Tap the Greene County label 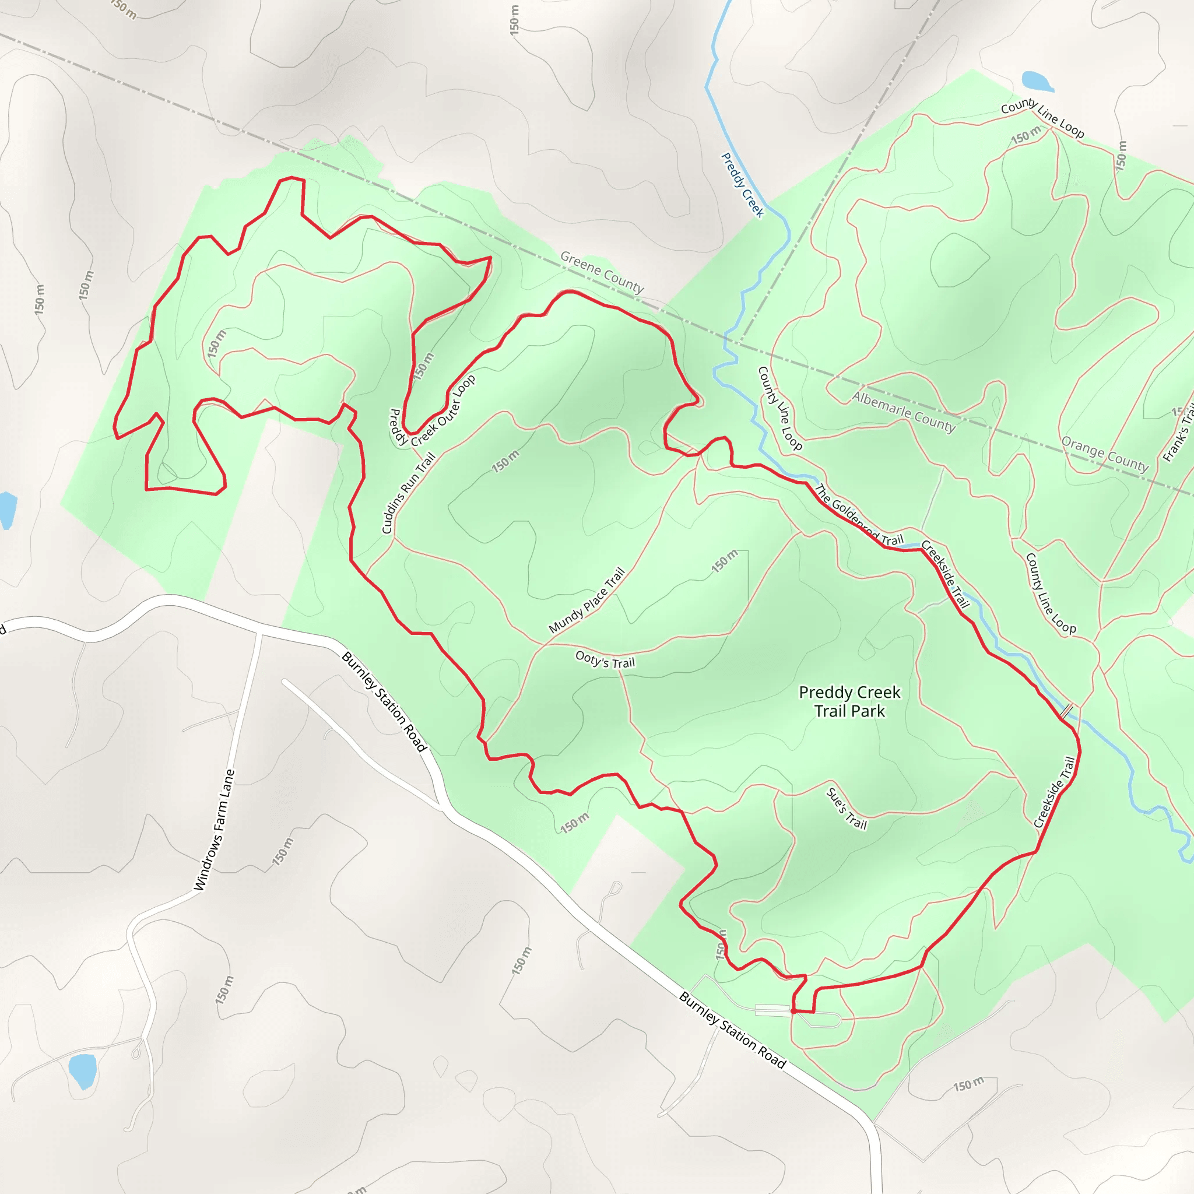[x=602, y=272]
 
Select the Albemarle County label [x=904, y=411]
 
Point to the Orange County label [x=1105, y=454]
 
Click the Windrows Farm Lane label [x=215, y=830]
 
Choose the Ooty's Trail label [x=605, y=659]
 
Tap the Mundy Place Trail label [x=587, y=600]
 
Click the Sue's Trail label [x=847, y=809]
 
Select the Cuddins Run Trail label [x=409, y=493]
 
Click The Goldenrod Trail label [x=859, y=515]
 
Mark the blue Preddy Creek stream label [x=743, y=185]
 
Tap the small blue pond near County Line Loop [x=1037, y=81]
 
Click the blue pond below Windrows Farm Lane [x=83, y=1070]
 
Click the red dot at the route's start [x=793, y=1012]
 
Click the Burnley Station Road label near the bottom [x=732, y=1030]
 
